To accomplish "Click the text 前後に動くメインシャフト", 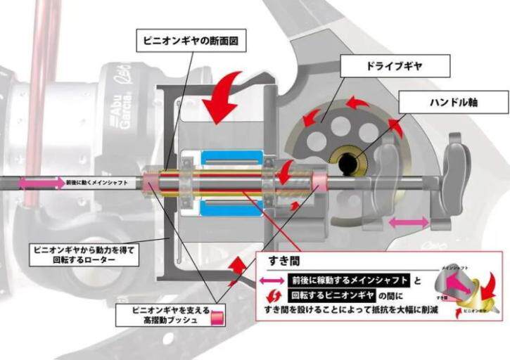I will point(97,183).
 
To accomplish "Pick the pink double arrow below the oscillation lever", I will point(409,222).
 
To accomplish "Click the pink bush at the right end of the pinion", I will point(318,184).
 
